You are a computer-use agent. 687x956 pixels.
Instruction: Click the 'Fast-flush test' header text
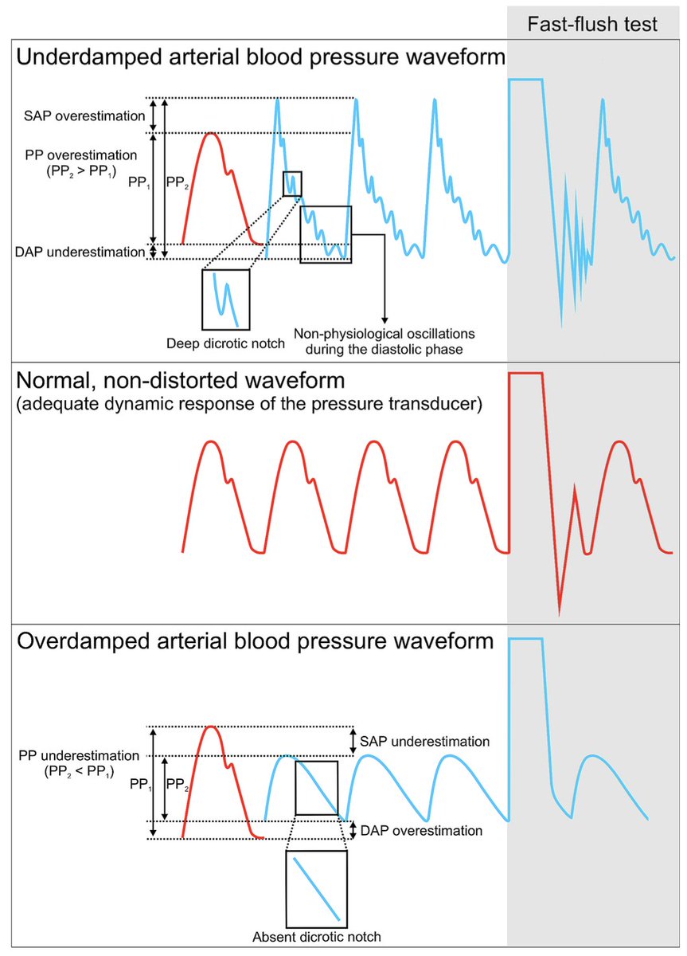click(593, 25)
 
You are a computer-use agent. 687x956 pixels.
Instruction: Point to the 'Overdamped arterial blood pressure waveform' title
click(255, 641)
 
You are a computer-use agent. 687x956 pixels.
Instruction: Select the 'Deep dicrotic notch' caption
click(224, 343)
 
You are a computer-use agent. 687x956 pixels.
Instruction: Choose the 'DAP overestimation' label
click(422, 830)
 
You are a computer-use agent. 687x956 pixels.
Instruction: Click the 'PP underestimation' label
click(76, 754)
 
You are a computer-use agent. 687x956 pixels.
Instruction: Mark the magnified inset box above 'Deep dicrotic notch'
click(226, 300)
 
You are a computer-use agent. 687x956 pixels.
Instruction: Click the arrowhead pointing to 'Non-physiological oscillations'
click(384, 317)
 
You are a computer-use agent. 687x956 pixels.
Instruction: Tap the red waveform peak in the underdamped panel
click(211, 133)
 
